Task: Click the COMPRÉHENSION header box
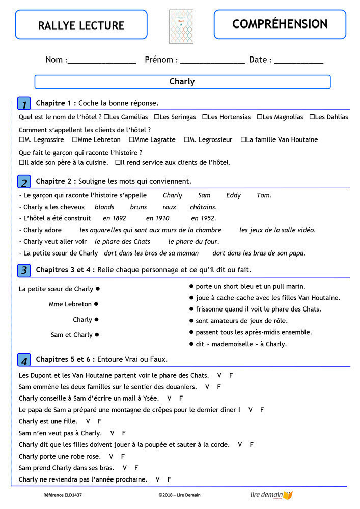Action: point(280,24)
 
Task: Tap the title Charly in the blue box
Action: point(182,81)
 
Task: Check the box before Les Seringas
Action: point(157,117)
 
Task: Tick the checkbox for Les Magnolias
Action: point(259,117)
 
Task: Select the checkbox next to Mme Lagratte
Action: point(131,139)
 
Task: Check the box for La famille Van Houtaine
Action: point(243,139)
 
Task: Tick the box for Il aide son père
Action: point(21,163)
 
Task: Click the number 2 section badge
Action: point(24,182)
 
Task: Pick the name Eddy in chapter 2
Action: point(234,195)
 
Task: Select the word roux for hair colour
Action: point(170,207)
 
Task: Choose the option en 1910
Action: point(157,218)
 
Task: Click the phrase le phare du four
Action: point(186,242)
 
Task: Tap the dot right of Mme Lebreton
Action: point(96,304)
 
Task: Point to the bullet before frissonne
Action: point(191,309)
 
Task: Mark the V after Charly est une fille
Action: point(88,421)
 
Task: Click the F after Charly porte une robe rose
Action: point(123,456)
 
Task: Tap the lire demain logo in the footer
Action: point(271,495)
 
